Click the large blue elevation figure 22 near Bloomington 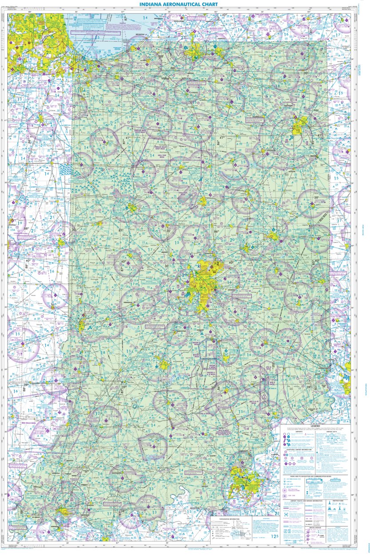(188, 368)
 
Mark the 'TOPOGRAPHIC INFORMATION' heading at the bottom (226, 518)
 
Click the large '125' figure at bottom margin (275, 538)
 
